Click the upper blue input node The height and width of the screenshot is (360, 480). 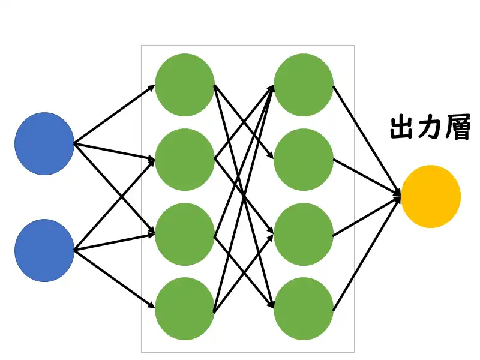pos(44,144)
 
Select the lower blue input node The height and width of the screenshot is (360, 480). pos(44,250)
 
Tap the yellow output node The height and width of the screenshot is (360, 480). pos(431,196)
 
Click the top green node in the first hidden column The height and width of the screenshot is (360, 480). pos(185,85)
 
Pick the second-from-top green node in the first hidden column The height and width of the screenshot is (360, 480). pos(185,160)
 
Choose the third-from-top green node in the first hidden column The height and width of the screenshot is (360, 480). pos(185,234)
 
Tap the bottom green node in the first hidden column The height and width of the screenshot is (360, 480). pos(185,308)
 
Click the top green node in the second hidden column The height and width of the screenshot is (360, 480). pos(304,85)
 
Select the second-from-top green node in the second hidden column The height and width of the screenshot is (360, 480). pos(304,160)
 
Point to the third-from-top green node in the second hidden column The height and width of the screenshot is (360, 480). pos(304,234)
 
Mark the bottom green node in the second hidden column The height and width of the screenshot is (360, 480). pos(304,308)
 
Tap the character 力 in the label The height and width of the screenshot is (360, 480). pos(430,128)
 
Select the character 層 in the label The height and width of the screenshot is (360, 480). pos(458,128)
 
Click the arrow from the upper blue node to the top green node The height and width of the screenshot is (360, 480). pos(114,115)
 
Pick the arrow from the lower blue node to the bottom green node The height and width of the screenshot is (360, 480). pos(114,279)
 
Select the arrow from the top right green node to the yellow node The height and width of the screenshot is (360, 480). pos(366,139)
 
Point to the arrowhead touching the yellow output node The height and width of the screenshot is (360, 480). pos(397,194)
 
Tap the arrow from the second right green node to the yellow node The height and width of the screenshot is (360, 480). pos(366,176)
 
